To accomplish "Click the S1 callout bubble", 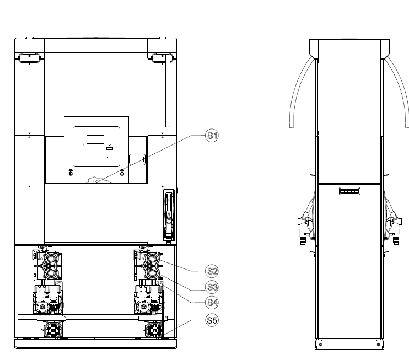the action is click(212, 136).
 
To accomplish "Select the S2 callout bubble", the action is click(212, 271).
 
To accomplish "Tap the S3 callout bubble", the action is click(212, 287).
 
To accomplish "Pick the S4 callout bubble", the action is click(212, 303).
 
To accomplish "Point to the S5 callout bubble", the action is click(212, 320).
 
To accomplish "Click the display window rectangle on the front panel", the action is click(95, 139).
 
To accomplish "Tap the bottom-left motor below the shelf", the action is click(53, 330).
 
